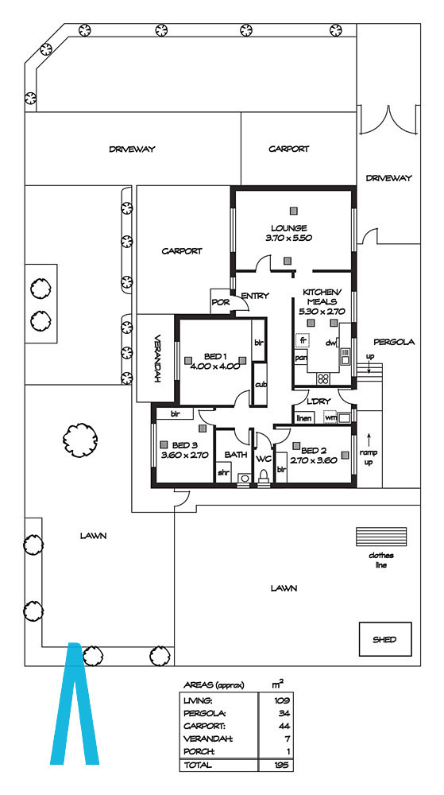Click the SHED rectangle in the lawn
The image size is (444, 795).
click(x=385, y=639)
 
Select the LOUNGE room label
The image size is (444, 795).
click(x=289, y=227)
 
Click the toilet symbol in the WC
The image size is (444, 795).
click(x=263, y=475)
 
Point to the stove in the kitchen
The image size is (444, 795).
click(x=323, y=378)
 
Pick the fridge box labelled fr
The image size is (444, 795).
click(x=303, y=340)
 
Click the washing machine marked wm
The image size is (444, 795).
click(x=330, y=417)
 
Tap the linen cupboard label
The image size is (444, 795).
click(x=303, y=418)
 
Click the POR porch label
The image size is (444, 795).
click(x=220, y=301)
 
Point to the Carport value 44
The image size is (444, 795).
click(x=283, y=726)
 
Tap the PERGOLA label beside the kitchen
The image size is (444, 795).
click(x=394, y=342)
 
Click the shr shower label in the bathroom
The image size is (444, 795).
click(x=223, y=472)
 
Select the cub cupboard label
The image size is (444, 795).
click(x=261, y=385)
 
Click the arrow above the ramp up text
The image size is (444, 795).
click(x=369, y=439)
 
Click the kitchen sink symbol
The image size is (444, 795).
click(x=346, y=356)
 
